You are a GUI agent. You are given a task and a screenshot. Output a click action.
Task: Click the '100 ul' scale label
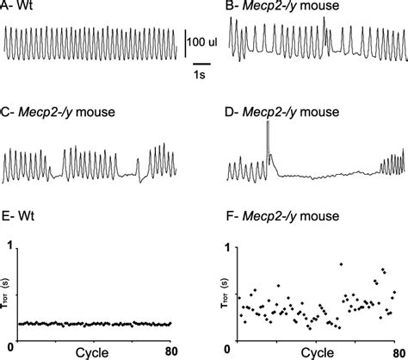click(202, 42)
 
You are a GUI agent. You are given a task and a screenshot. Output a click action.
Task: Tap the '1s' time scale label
click(199, 75)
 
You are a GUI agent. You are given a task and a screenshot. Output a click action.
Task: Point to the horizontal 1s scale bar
click(201, 64)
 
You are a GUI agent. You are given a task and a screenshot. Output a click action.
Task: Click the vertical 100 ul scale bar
click(185, 43)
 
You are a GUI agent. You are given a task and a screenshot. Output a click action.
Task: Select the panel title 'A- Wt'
click(16, 5)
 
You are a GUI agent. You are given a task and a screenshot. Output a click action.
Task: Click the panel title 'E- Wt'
click(18, 215)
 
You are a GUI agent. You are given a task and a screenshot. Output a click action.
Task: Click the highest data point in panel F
click(341, 264)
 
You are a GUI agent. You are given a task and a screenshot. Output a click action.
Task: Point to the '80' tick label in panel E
click(171, 351)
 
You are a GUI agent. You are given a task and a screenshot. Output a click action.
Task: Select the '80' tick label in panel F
click(399, 354)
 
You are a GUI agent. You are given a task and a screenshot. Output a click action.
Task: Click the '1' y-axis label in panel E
click(10, 248)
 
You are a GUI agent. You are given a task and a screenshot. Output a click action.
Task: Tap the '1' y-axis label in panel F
click(227, 248)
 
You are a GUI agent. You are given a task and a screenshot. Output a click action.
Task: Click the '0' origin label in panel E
click(11, 347)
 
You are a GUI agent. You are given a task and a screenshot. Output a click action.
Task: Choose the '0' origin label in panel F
click(227, 350)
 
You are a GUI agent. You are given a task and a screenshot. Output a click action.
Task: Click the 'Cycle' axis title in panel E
click(92, 353)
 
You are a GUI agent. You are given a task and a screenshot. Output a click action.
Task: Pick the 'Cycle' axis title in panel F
click(318, 353)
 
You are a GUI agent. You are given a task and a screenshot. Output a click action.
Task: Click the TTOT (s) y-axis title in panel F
click(225, 294)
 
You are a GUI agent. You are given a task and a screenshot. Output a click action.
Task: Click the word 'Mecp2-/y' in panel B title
click(271, 6)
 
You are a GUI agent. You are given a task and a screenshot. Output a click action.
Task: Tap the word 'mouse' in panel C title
click(96, 112)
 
